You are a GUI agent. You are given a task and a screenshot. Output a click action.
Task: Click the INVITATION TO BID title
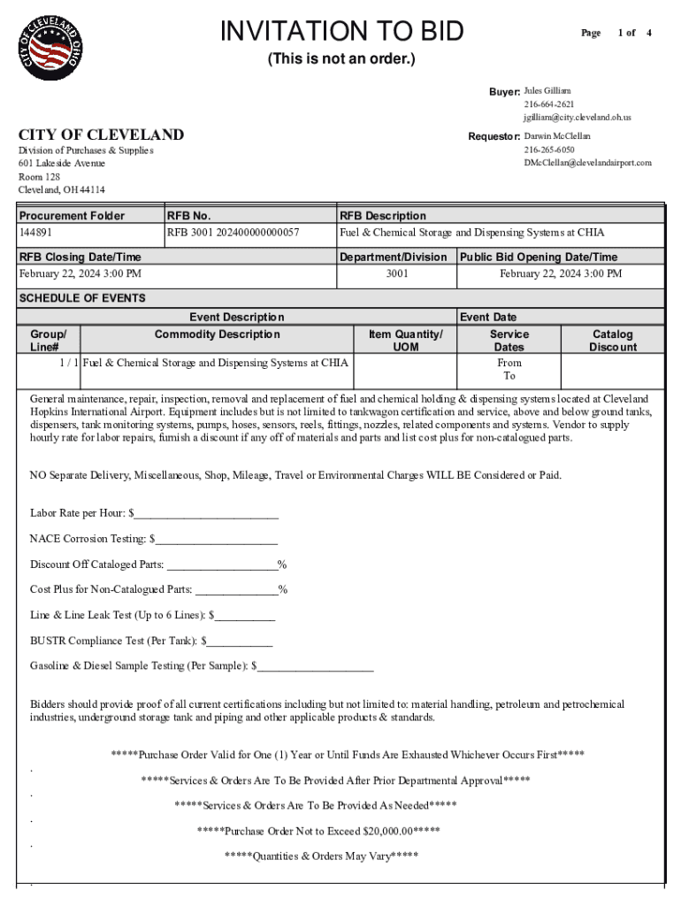click(341, 32)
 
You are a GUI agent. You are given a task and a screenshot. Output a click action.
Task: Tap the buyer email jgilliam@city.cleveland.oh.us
click(577, 117)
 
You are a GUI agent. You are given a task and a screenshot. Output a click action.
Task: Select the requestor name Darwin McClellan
click(556, 136)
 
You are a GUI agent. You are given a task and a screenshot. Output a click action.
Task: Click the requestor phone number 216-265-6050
click(548, 150)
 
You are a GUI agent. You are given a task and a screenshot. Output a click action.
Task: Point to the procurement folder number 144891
click(36, 233)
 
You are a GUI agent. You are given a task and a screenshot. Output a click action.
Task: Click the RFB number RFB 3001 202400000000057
click(233, 233)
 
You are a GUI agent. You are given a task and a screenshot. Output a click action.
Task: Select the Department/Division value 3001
click(397, 273)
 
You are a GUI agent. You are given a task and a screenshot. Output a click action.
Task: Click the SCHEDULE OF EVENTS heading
click(82, 298)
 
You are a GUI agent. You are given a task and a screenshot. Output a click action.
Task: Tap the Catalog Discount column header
click(612, 341)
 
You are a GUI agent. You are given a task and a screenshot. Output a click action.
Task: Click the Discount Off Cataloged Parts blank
click(222, 564)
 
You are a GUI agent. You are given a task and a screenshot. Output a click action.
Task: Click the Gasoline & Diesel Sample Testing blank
click(316, 666)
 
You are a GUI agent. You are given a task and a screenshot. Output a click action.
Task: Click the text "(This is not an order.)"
click(341, 59)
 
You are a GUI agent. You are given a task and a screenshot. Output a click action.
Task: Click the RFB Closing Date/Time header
click(80, 257)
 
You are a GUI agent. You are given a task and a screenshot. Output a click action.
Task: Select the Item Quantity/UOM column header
click(405, 341)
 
